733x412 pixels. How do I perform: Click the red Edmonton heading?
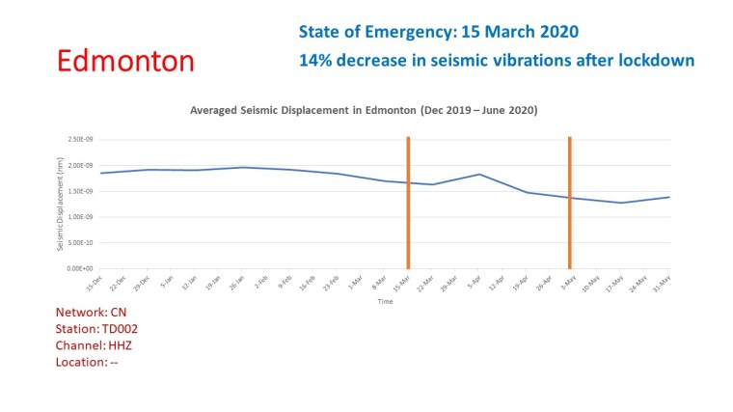click(125, 61)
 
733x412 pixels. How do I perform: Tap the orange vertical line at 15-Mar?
click(408, 203)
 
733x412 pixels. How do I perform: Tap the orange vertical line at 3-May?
click(570, 203)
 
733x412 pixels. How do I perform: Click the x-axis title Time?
click(385, 302)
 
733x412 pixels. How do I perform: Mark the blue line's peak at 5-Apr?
click(479, 174)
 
